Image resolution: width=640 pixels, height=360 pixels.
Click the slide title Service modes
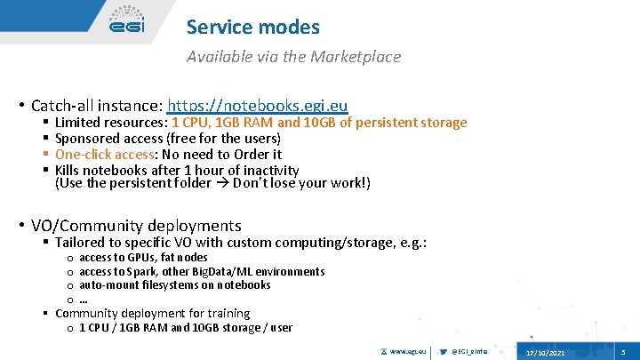(x=252, y=28)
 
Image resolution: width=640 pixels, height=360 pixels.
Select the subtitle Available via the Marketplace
(x=293, y=57)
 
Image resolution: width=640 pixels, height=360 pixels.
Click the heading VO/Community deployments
(x=136, y=226)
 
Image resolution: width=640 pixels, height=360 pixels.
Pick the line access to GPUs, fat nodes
(x=143, y=258)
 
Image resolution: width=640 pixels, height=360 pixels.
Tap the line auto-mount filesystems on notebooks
(x=174, y=285)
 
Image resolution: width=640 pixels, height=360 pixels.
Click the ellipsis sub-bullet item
(x=83, y=300)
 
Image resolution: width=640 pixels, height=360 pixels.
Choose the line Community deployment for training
(x=152, y=313)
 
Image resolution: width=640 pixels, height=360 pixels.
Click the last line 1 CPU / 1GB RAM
(x=185, y=327)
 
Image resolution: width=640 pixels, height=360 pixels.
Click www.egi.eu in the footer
(x=408, y=353)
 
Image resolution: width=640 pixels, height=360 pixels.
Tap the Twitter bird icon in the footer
(x=444, y=353)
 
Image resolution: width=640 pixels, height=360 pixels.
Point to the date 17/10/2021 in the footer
(x=546, y=353)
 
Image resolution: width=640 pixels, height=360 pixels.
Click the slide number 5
(x=624, y=353)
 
